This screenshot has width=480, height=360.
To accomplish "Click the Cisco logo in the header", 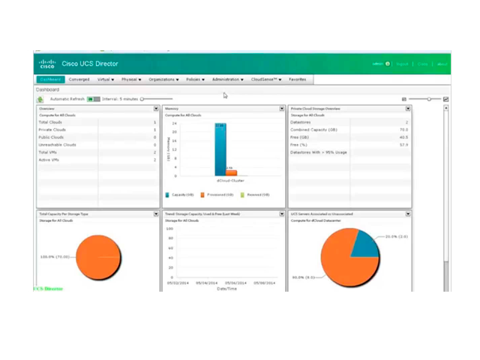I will [47, 64].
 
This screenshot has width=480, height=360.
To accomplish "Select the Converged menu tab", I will [79, 79].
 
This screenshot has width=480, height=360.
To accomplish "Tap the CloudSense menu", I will [266, 79].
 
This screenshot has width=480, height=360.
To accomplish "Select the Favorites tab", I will [297, 79].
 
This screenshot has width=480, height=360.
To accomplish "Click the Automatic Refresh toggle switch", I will [93, 99].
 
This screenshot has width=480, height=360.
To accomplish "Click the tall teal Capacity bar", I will [220, 149].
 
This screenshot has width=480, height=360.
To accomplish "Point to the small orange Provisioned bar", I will [231, 172].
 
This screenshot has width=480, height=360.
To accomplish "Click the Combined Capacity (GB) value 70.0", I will [403, 130].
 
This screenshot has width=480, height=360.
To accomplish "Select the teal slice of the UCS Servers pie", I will [366, 243].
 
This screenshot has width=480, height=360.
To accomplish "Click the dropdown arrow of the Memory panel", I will [283, 109].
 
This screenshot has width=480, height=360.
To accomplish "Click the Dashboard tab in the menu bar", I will [51, 79].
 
